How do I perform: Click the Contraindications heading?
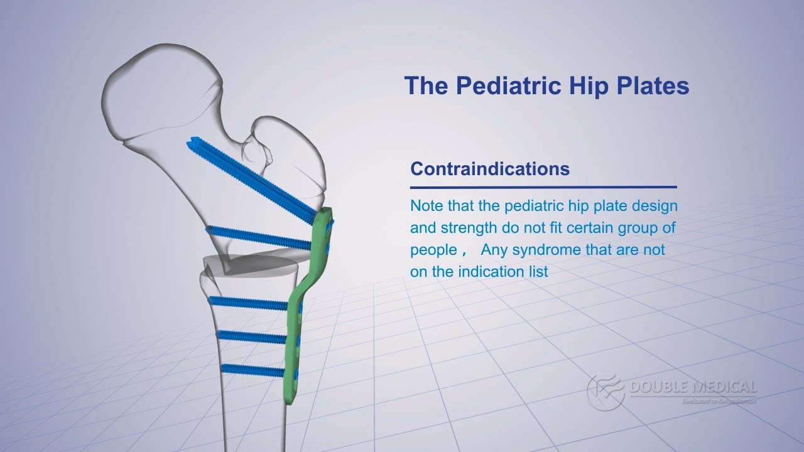pos(489,169)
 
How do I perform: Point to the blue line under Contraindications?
pos(543,186)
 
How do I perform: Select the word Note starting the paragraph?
pos(424,206)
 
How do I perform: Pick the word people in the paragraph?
pos(433,250)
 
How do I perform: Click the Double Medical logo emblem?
pos(604,391)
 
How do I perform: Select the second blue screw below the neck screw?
pos(258,237)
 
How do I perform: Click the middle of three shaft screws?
pos(251,336)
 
